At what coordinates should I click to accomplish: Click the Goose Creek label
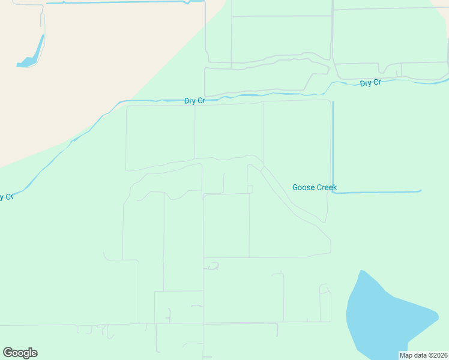point(314,187)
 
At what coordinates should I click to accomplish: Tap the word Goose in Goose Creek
point(303,187)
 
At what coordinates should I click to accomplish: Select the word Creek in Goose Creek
point(326,187)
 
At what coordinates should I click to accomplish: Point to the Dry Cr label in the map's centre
point(194,101)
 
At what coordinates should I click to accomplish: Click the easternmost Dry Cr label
point(370,83)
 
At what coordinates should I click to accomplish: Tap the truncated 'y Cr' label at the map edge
point(7,197)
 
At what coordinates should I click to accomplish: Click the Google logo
point(20,353)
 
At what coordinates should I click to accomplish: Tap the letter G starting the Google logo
point(7,353)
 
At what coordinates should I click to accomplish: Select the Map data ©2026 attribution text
point(423,355)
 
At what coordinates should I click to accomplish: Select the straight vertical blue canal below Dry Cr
point(332,144)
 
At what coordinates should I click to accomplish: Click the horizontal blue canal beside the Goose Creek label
point(378,192)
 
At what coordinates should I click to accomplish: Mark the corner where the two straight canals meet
point(333,192)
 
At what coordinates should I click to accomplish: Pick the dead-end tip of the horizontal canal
point(421,191)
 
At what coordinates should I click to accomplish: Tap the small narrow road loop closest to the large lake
point(325,303)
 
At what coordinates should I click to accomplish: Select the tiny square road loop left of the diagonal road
point(250,190)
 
